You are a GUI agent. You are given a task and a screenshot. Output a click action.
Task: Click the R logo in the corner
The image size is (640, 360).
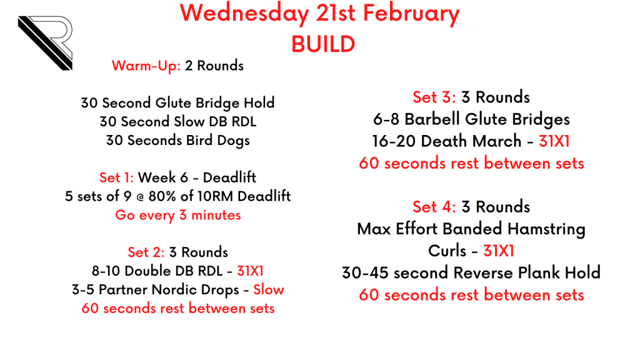(x=45, y=43)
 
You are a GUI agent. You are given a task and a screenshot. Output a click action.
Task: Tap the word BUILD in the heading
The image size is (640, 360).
(x=323, y=44)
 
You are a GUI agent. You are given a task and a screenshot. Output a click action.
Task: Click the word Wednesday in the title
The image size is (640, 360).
(x=244, y=13)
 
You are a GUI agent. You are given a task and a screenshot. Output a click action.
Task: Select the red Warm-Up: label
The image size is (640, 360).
(x=146, y=66)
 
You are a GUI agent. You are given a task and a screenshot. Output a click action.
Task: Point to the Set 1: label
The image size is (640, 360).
(x=116, y=177)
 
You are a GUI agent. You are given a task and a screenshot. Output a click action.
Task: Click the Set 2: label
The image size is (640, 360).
(x=146, y=252)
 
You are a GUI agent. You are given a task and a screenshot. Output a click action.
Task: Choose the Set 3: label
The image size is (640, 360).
(x=434, y=97)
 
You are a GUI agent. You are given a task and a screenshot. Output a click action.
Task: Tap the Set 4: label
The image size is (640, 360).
(x=434, y=207)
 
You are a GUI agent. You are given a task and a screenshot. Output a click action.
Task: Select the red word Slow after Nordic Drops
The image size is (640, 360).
(x=269, y=290)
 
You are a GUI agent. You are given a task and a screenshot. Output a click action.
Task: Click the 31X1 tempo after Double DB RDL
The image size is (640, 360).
(x=250, y=271)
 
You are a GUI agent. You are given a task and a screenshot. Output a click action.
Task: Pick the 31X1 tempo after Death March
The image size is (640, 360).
(x=554, y=141)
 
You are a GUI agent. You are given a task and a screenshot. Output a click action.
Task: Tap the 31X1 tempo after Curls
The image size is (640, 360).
(x=499, y=251)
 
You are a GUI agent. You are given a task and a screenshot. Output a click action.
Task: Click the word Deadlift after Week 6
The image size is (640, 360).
(x=229, y=177)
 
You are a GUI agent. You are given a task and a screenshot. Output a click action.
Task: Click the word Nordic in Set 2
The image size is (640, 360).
(x=175, y=290)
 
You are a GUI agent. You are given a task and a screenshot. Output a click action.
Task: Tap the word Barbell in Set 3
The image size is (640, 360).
(x=432, y=119)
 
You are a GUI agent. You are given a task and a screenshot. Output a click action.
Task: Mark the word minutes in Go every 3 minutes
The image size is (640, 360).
(x=216, y=215)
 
